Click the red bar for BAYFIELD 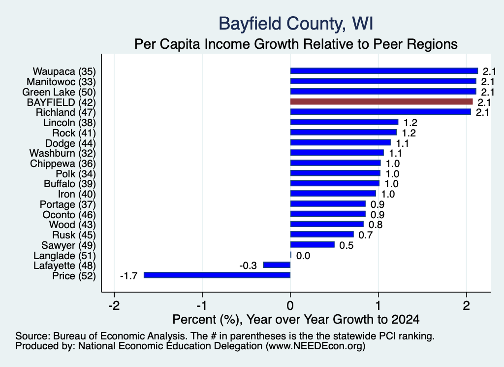point(381,101)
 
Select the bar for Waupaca point(384,71)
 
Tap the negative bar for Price point(217,275)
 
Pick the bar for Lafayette point(277,265)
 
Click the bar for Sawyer point(313,245)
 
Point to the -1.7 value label point(128,276)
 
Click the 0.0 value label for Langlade point(303,256)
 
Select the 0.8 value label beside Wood point(376,225)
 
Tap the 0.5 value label point(346,245)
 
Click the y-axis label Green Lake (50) point(59,92)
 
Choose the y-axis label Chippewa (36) point(63,164)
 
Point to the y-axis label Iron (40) point(77,194)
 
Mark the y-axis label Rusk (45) point(74,235)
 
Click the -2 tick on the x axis point(114,305)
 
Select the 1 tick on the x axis point(378,305)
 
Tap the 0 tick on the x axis point(290,305)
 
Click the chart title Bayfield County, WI point(296,24)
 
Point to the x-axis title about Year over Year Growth point(296,319)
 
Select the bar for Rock point(343,132)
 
